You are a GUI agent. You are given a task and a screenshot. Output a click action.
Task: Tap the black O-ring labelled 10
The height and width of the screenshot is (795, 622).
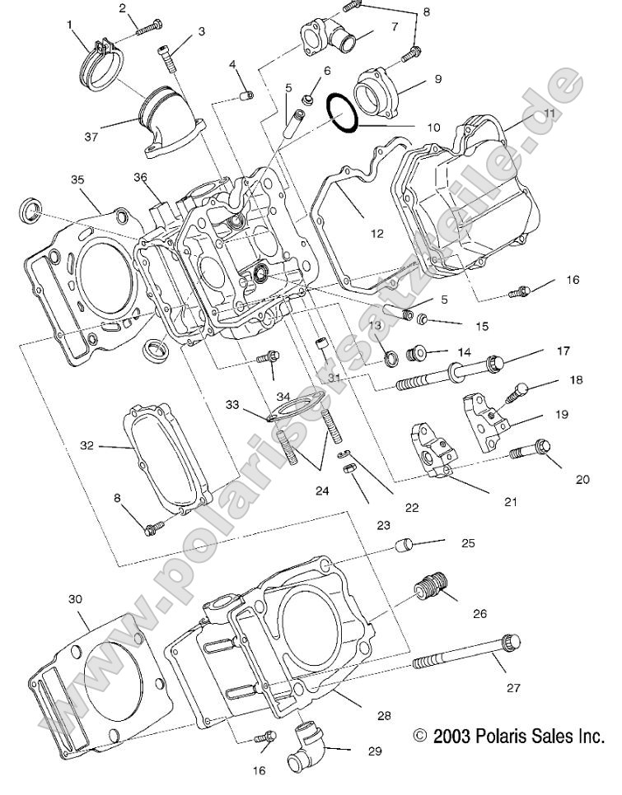pos(342,113)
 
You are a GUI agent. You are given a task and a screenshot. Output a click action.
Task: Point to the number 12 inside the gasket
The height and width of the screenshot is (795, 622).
pos(376,234)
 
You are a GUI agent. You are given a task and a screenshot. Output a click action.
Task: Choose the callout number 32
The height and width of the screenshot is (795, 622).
pos(87,445)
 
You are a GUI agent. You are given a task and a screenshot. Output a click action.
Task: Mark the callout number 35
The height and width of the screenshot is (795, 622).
pos(77,179)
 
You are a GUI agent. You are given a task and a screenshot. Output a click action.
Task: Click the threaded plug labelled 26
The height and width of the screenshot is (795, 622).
pos(431,588)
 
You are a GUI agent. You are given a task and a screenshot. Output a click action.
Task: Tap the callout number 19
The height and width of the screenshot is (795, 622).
pos(561,416)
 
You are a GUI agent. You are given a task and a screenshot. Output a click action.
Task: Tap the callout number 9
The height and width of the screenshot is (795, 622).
pos(437,79)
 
